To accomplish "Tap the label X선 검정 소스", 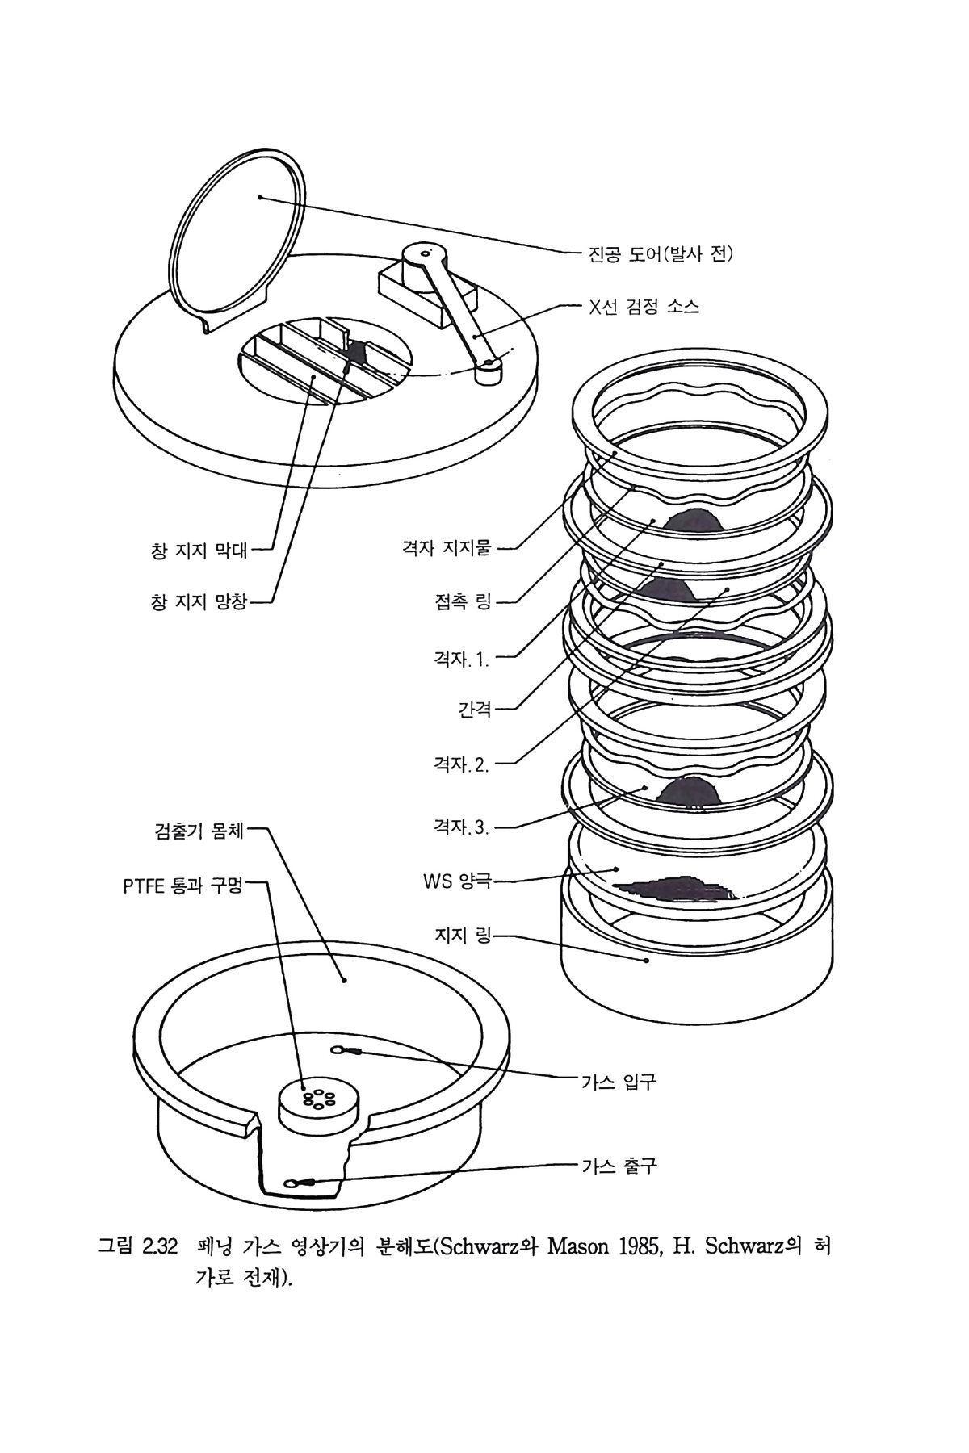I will (644, 308).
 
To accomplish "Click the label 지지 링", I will (463, 936).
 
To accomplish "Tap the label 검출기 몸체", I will (199, 830).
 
